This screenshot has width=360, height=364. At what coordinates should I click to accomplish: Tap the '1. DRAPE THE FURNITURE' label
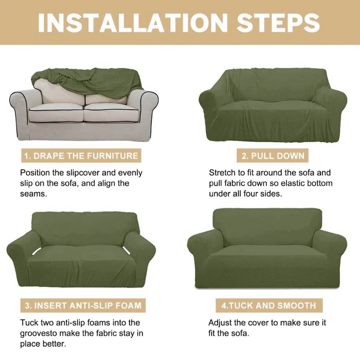pos(81,156)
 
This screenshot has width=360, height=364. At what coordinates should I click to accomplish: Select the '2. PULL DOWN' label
pos(273,156)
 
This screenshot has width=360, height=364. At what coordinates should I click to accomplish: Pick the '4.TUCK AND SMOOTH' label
pos(269,305)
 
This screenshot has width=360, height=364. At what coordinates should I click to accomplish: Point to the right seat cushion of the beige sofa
pos(112,112)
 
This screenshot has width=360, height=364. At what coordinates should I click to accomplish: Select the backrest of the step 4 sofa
pos(267,226)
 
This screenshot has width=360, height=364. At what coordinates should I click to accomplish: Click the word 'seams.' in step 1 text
pos(33,194)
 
